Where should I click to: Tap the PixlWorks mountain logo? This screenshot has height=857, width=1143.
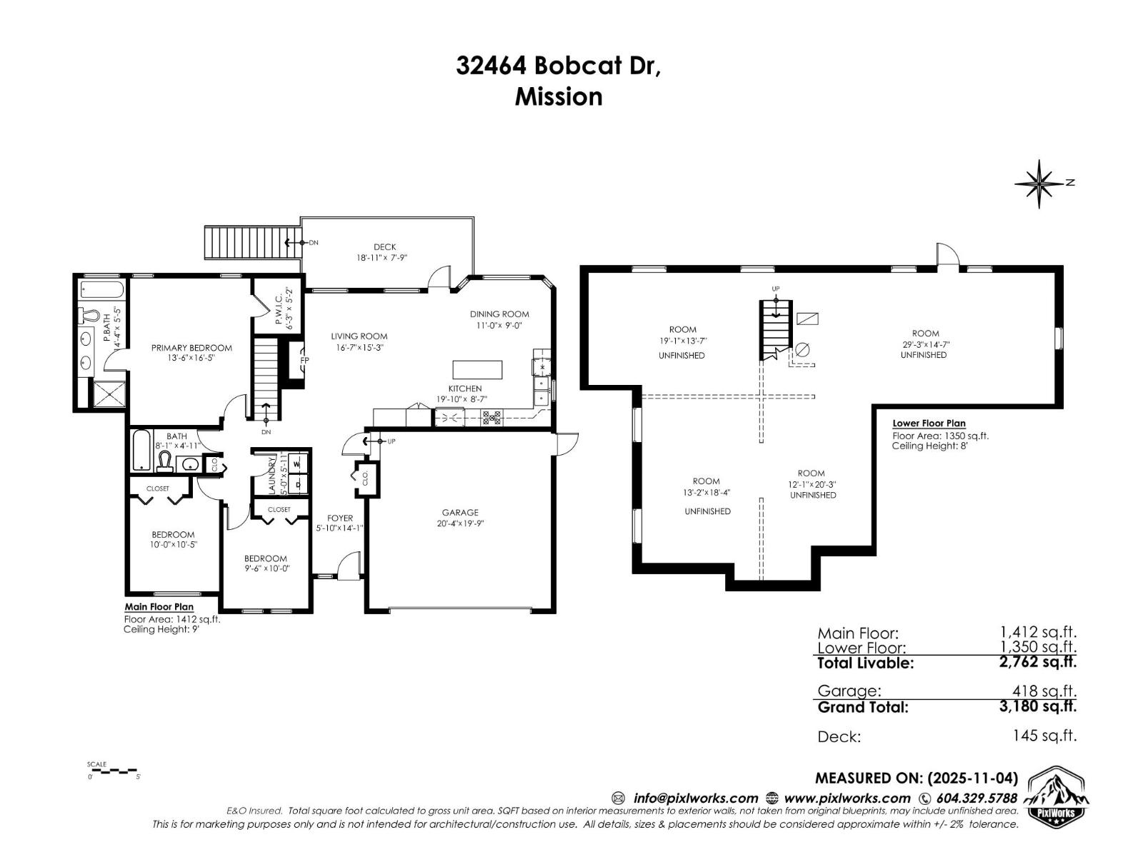pyautogui.click(x=1058, y=795)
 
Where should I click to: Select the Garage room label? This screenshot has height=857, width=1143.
pyautogui.click(x=460, y=513)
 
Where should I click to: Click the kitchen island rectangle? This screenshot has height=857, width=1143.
pyautogui.click(x=477, y=370)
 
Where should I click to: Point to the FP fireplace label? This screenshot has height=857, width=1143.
pyautogui.click(x=304, y=360)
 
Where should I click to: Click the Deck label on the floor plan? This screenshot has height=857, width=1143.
pyautogui.click(x=384, y=247)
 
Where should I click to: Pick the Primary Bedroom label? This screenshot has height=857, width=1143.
pyautogui.click(x=191, y=348)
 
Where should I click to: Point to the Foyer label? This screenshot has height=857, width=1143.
pyautogui.click(x=340, y=518)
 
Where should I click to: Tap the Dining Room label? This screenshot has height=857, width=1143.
pyautogui.click(x=499, y=314)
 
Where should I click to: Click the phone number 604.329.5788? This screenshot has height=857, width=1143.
pyautogui.click(x=976, y=798)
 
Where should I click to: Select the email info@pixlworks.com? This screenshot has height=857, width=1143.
pyautogui.click(x=695, y=798)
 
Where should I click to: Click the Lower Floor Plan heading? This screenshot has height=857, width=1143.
pyautogui.click(x=929, y=424)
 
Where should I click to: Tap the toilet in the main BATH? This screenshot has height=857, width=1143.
pyautogui.click(x=165, y=461)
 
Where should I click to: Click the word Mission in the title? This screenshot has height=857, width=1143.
pyautogui.click(x=559, y=96)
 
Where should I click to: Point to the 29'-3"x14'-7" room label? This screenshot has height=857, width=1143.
pyautogui.click(x=925, y=344)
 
